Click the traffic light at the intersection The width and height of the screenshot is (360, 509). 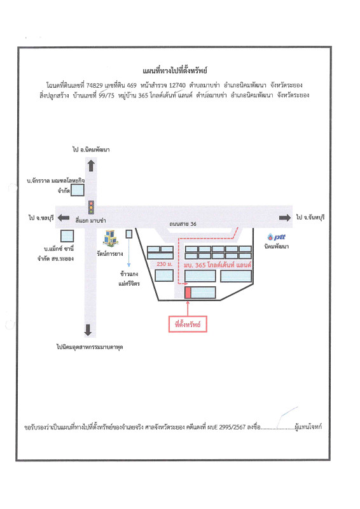[x=91, y=207]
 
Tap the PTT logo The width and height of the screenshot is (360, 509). [x=276, y=237]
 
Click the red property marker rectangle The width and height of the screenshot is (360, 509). [x=188, y=293]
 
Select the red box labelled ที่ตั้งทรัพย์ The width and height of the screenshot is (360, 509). [x=188, y=324]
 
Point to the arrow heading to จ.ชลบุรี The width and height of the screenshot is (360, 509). [x=64, y=218]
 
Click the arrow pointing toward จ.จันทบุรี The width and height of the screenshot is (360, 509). [x=285, y=218]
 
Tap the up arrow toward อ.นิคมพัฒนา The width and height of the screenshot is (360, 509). [x=91, y=165]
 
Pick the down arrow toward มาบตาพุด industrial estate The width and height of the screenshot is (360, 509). [x=88, y=330]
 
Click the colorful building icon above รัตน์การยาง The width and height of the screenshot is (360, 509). [x=111, y=237]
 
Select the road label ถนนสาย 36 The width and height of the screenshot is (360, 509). [x=183, y=224]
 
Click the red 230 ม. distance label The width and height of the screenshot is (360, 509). [x=165, y=264]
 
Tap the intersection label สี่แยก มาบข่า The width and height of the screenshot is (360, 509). [x=90, y=220]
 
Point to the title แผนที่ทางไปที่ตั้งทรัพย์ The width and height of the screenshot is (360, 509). [x=175, y=71]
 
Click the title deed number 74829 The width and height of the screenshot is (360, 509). [x=95, y=85]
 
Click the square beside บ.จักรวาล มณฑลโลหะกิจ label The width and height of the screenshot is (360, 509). [x=78, y=190]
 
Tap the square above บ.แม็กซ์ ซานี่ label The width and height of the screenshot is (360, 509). [x=67, y=236]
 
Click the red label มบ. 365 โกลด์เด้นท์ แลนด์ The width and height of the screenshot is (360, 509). [x=218, y=265]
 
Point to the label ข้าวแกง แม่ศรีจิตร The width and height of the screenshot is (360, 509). [x=129, y=279]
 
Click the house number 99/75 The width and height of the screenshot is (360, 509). [x=106, y=95]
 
